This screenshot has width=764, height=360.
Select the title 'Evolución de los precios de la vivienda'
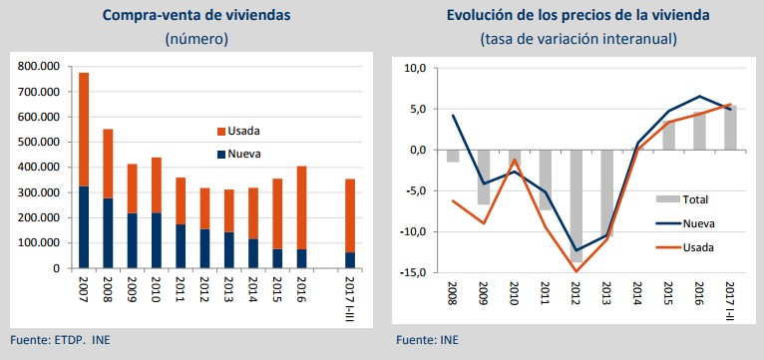tap(578, 16)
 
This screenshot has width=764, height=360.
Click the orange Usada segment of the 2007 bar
tap(84, 130)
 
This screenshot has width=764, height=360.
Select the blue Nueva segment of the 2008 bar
tap(108, 233)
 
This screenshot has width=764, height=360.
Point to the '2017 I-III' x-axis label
tap(348, 297)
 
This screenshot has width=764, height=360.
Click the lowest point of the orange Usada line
tap(576, 271)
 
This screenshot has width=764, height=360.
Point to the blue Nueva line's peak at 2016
tap(699, 97)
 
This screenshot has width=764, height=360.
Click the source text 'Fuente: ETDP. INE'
tap(59, 341)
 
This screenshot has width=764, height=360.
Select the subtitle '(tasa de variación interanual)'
tap(578, 39)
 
